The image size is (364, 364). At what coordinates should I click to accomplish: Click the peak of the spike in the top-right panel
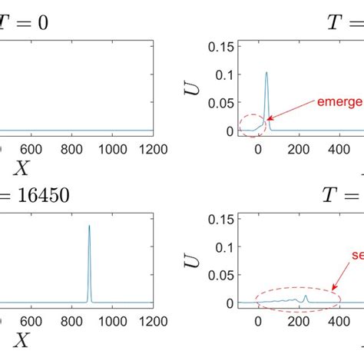[x=266, y=73]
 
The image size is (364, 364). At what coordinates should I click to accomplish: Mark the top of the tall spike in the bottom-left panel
[x=90, y=226]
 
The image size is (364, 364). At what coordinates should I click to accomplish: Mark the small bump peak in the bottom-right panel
[x=306, y=295]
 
